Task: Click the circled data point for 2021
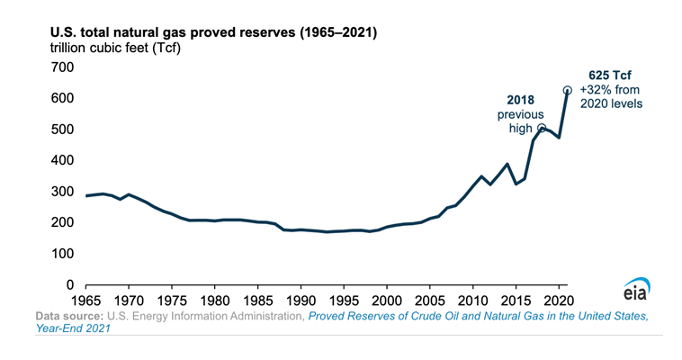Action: pos(568,90)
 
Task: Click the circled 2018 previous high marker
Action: pos(542,128)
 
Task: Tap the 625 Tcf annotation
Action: pos(610,75)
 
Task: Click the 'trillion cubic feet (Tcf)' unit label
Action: pos(109,48)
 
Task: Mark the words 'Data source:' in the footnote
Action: pos(69,317)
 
